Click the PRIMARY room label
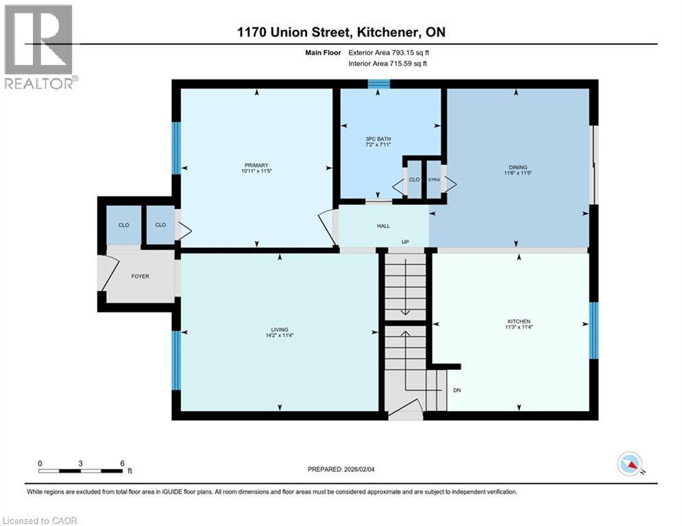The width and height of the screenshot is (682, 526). [256, 164]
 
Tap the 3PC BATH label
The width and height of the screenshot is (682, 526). [378, 139]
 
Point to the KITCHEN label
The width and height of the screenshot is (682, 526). [519, 321]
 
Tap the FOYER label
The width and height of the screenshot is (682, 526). [140, 276]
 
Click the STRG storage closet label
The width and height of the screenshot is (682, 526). [434, 179]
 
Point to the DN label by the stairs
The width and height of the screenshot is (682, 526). [457, 391]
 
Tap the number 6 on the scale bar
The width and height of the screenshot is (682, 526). [122, 463]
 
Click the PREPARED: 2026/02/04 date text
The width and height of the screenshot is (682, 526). [348, 469]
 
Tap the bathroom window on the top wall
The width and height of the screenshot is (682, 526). [378, 84]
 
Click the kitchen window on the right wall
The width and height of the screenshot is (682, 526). [594, 330]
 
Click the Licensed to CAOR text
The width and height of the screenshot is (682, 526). [40, 521]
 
